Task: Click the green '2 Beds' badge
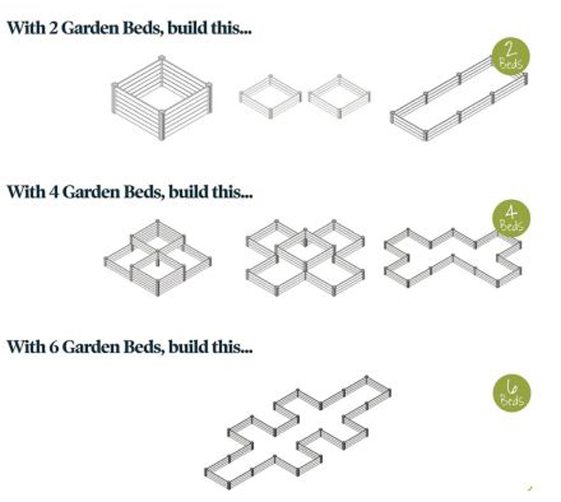pos(511,56)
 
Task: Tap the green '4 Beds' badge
pos(511,218)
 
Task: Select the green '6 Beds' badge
pos(512,393)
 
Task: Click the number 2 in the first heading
pos(53,28)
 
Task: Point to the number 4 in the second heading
pos(54,192)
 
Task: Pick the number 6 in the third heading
pos(54,347)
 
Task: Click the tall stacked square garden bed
pos(162,97)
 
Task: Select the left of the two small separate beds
pos(270,96)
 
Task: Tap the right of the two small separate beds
pos(339,96)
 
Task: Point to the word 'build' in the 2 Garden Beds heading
pos(187,28)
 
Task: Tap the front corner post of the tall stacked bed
pos(162,125)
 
